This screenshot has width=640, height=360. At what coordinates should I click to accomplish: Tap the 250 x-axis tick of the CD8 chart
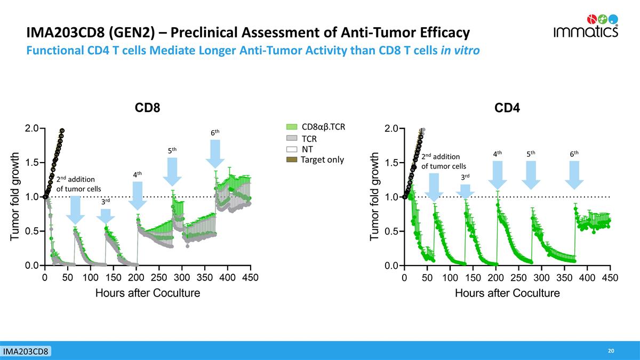point(159,277)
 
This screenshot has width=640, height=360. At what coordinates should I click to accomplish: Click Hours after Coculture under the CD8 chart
point(147,293)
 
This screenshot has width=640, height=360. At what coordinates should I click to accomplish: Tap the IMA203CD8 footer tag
point(26,351)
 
